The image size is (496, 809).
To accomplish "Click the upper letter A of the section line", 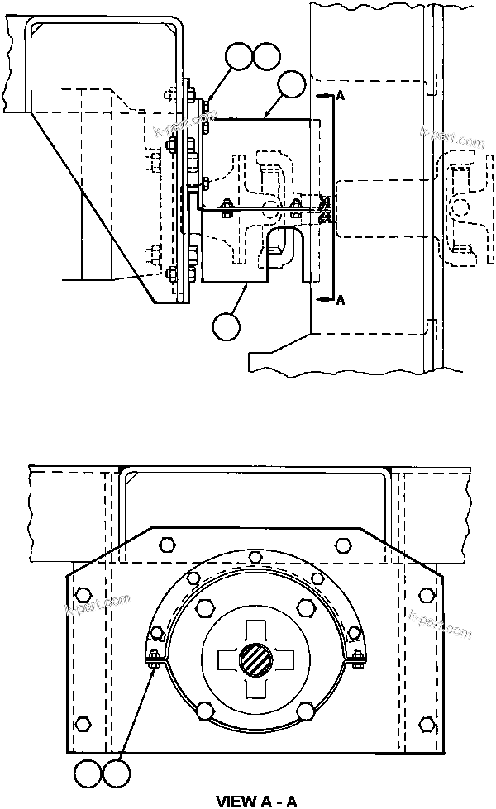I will (341, 97).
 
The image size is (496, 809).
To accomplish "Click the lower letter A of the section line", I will (341, 302).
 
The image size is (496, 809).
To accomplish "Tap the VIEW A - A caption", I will (256, 801).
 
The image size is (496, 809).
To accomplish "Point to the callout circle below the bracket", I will (225, 326).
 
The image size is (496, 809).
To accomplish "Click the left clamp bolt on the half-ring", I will (154, 656).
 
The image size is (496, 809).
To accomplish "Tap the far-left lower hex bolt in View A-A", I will (81, 725).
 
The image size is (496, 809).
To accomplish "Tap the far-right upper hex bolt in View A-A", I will (427, 594).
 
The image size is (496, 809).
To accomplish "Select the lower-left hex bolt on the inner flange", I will (203, 709).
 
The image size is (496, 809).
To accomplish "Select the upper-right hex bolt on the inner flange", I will (304, 609).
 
